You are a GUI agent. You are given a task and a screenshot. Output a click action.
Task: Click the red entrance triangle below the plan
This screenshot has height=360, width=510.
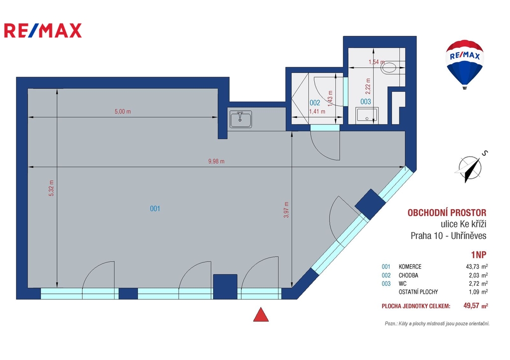point(261,315)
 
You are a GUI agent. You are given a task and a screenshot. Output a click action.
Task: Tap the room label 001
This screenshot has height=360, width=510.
point(155,209)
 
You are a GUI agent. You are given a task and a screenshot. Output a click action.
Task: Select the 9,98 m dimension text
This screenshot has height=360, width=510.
point(216,161)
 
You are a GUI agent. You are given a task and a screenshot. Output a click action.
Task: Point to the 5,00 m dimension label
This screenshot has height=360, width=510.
point(123,112)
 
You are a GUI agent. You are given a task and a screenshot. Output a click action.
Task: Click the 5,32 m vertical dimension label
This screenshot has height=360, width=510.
point(51,188)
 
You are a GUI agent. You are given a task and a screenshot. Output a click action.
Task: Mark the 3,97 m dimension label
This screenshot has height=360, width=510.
point(286,210)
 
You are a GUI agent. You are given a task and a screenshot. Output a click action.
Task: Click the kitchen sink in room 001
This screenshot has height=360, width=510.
point(241,119)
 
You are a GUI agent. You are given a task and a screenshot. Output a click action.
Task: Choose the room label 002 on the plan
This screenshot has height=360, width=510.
point(315,103)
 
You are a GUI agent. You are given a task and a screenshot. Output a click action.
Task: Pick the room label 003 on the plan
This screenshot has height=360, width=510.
point(366,102)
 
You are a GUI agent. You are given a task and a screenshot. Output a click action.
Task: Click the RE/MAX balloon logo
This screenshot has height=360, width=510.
point(465,64)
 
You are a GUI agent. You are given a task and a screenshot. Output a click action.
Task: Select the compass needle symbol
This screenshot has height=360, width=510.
point(470,169)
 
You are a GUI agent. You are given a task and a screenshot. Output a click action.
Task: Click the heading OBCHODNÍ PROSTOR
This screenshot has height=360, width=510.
point(447,213)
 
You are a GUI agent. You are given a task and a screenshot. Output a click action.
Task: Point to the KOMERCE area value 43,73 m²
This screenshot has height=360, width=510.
point(477,267)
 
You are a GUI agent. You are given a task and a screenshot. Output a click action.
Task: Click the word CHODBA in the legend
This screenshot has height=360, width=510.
point(408,275)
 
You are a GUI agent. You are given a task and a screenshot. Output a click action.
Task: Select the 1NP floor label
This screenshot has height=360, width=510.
point(479,254)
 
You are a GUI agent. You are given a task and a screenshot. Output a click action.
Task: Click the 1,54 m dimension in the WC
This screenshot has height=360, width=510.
point(377,62)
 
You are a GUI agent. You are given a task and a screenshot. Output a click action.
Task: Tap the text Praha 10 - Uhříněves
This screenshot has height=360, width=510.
point(449,236)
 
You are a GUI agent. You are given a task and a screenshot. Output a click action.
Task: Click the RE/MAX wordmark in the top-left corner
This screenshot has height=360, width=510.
point(43,30)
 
